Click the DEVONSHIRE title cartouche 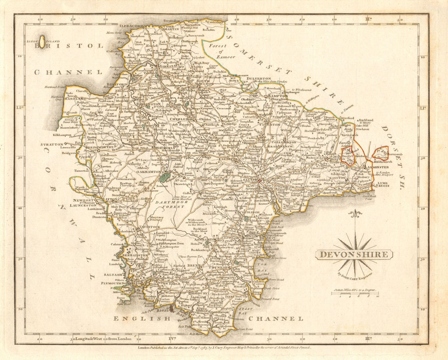click(354, 255)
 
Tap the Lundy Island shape click(42, 43)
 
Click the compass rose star click(355, 246)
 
